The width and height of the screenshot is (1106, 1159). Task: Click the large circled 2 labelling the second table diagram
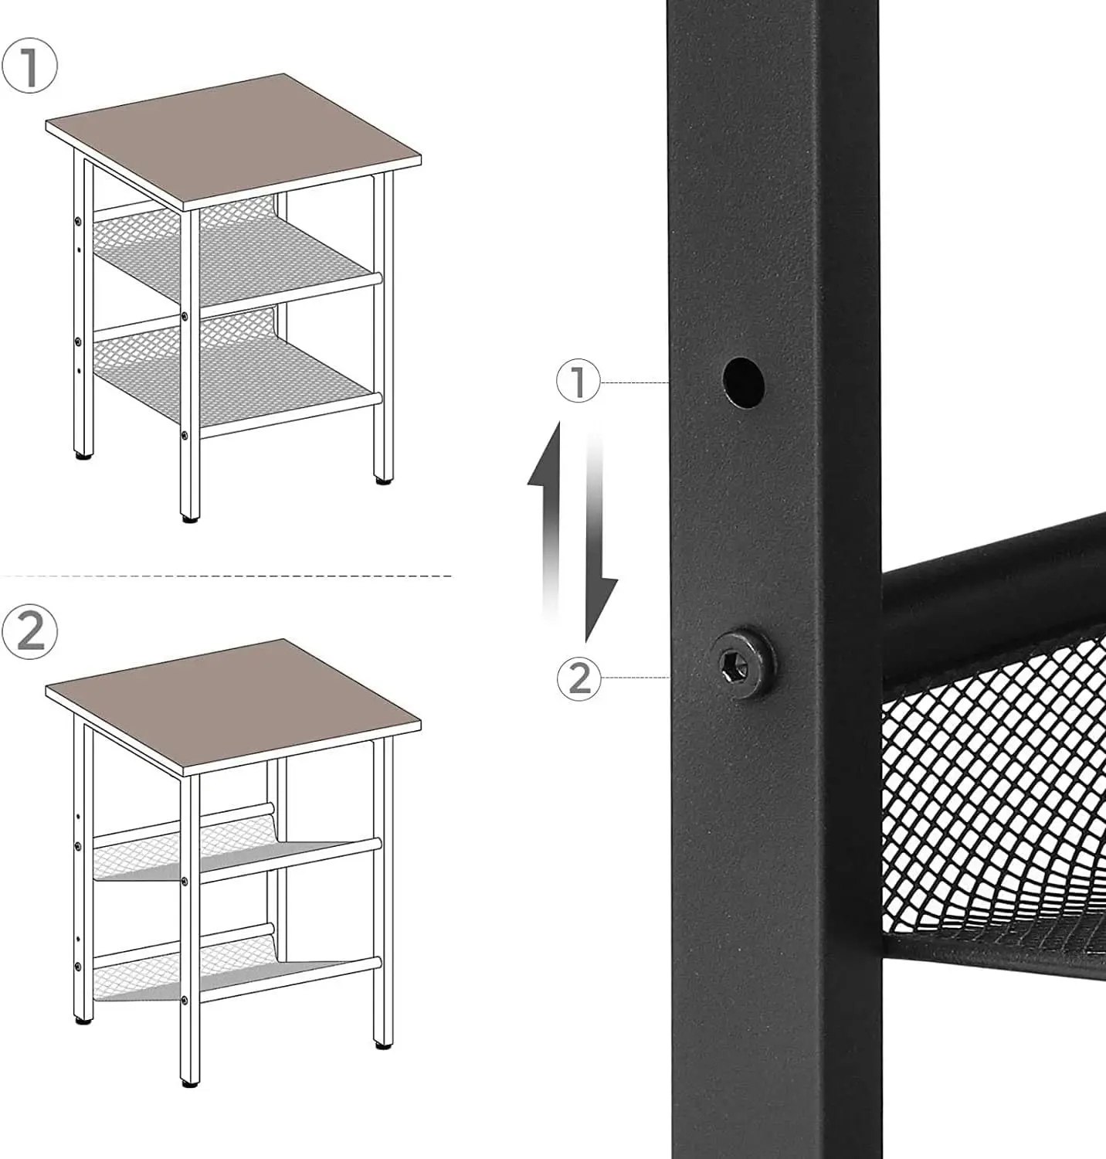click(29, 631)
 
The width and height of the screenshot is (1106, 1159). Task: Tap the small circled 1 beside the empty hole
click(578, 382)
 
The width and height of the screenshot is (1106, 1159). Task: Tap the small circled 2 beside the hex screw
click(578, 678)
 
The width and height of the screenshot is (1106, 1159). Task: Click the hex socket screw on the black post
click(743, 662)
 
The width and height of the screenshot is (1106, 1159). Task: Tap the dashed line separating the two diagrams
click(226, 576)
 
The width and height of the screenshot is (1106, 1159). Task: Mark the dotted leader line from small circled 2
click(635, 678)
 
